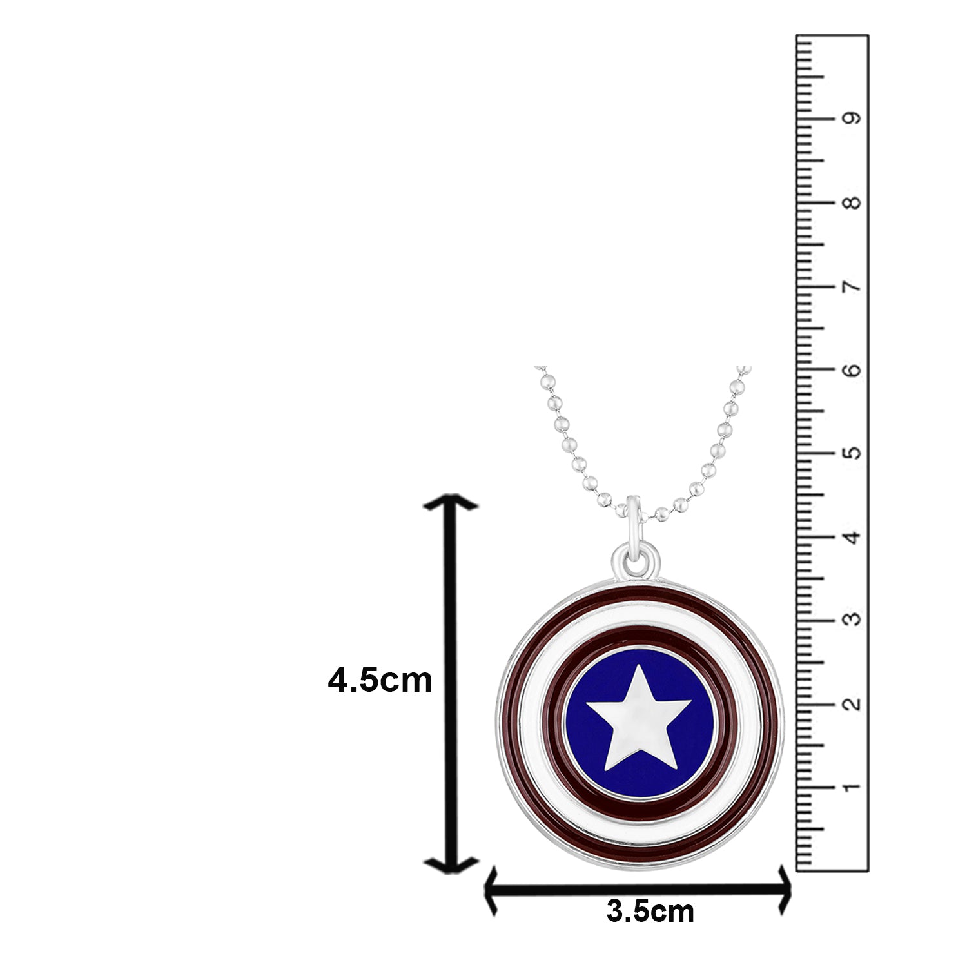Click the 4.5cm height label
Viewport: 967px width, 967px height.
click(x=380, y=681)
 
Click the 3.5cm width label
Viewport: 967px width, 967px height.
click(x=650, y=912)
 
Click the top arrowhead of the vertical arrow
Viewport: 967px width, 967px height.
click(x=451, y=502)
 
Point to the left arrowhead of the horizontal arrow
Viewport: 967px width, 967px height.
click(x=491, y=891)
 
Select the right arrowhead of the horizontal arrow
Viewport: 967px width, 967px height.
click(x=786, y=891)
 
